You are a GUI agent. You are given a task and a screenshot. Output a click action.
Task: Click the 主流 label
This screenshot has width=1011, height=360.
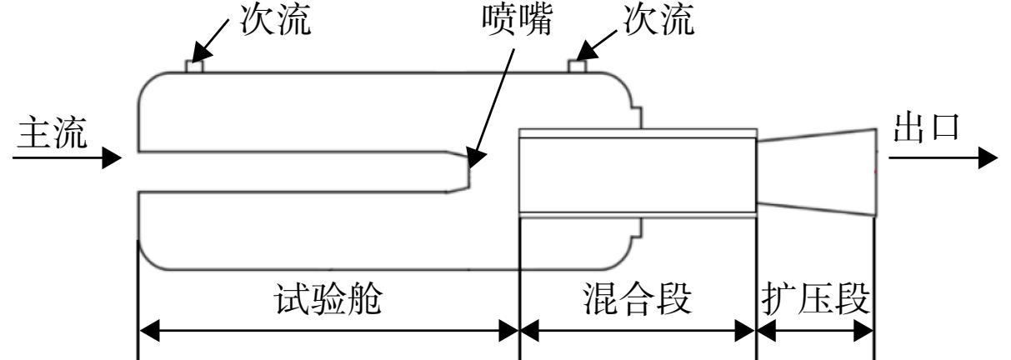click(x=52, y=132)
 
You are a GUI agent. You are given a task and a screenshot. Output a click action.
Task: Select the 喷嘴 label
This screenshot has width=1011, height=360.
click(x=518, y=19)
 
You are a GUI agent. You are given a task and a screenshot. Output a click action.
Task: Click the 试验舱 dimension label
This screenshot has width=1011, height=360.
click(x=328, y=298)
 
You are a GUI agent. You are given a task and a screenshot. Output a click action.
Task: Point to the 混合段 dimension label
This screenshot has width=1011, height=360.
click(x=638, y=298)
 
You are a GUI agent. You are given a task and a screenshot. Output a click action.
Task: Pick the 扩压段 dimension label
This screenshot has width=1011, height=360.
click(x=816, y=298)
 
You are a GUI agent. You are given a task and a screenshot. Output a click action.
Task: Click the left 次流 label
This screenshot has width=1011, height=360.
click(x=276, y=19)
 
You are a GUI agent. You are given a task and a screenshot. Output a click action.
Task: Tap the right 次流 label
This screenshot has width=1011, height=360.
click(x=659, y=19)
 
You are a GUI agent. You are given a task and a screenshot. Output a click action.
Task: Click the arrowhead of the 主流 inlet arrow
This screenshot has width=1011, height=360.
click(x=112, y=157)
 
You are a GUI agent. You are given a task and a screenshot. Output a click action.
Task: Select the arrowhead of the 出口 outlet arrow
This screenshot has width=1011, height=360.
click(x=988, y=157)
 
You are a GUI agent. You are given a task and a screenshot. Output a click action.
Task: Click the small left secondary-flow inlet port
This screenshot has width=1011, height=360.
click(x=194, y=67)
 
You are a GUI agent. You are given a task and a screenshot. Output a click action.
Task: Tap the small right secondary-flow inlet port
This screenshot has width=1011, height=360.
click(x=578, y=67)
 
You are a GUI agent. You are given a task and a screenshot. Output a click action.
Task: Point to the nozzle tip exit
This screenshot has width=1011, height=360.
click(x=469, y=172)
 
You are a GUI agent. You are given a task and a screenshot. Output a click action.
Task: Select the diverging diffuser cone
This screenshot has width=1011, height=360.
click(x=817, y=172)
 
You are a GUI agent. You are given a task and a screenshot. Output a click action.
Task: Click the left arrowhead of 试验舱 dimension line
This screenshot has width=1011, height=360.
click(x=149, y=331)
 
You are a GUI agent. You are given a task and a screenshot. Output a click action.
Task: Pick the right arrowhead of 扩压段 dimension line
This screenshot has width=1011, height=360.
click(x=863, y=331)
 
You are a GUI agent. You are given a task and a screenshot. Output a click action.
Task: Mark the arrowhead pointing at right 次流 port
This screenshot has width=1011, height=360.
click(x=586, y=51)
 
